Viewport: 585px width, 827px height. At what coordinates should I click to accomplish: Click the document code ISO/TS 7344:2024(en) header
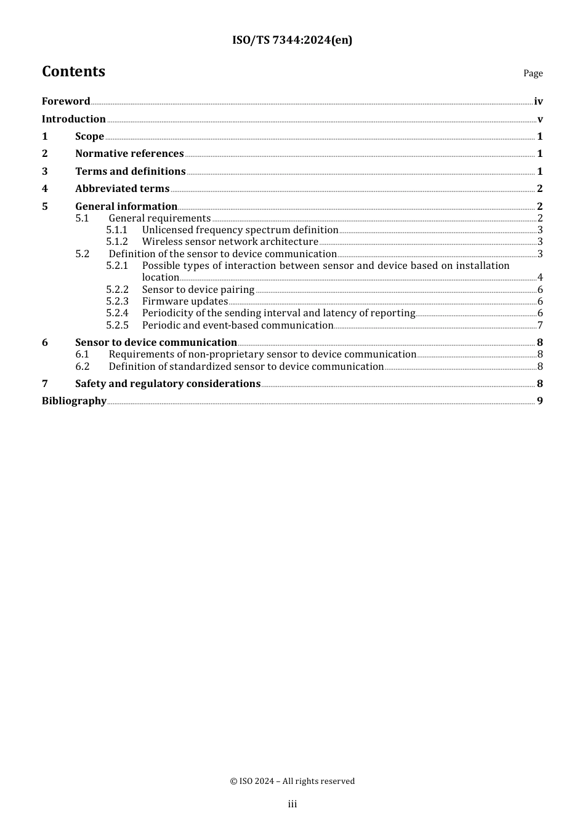[x=292, y=41]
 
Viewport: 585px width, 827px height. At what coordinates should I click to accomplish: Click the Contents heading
[x=73, y=72]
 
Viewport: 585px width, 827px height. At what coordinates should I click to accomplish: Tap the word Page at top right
[x=533, y=73]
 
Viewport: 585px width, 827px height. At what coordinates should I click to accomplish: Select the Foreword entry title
[x=66, y=102]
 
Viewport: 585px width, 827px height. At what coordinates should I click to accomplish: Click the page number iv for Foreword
[x=538, y=102]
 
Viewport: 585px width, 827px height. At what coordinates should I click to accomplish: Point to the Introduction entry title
[x=74, y=119]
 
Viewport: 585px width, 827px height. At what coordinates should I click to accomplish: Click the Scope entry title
[x=89, y=137]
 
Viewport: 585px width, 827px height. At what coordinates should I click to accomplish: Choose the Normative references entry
[x=129, y=154]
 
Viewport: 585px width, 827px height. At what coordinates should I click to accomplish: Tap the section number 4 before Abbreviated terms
[x=44, y=189]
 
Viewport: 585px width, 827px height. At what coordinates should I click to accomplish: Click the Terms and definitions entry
[x=130, y=172]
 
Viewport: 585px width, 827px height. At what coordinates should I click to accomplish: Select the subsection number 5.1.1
[x=116, y=230]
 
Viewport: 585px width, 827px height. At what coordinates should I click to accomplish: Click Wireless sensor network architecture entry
[x=230, y=242]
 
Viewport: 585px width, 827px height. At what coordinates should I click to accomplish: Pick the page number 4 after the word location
[x=540, y=278]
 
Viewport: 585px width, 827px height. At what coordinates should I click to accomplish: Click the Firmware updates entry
[x=185, y=302]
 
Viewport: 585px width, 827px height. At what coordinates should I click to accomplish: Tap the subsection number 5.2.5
[x=117, y=326]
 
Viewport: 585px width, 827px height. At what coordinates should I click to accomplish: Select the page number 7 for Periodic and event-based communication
[x=540, y=326]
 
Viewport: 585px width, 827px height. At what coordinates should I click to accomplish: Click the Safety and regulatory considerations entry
[x=167, y=384]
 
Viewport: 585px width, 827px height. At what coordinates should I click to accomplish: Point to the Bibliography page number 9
[x=540, y=401]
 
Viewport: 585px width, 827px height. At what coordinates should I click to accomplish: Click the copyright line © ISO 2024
[x=292, y=781]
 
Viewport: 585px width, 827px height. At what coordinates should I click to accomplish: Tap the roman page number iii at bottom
[x=292, y=804]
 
